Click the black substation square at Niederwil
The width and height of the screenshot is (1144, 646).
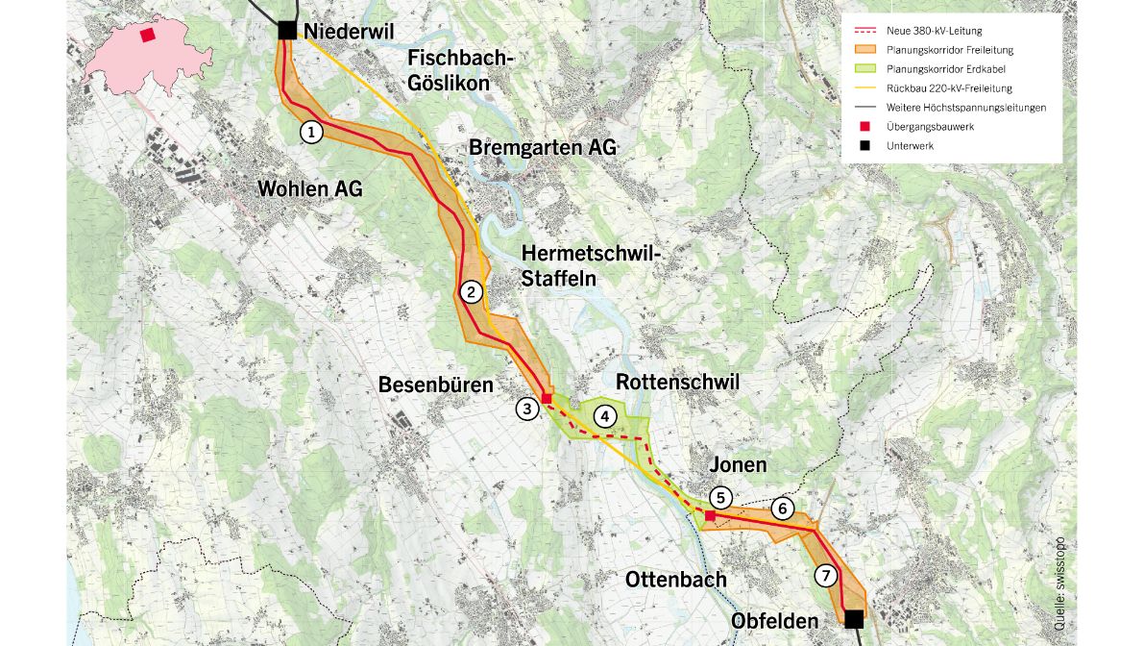click(x=287, y=31)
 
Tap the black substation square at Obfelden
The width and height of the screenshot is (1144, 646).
click(x=854, y=618)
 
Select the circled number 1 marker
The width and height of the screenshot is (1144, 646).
click(x=310, y=132)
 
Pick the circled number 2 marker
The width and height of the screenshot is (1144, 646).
click(x=471, y=292)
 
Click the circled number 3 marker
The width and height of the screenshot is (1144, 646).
click(x=526, y=409)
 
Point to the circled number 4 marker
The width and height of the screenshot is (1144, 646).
click(x=605, y=416)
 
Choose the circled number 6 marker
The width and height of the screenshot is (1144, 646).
click(x=783, y=509)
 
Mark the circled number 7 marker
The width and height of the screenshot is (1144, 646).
click(x=825, y=576)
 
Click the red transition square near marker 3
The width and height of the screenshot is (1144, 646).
click(x=547, y=398)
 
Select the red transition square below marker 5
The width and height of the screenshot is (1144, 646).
click(x=710, y=516)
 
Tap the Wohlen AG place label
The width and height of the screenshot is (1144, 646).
click(x=310, y=189)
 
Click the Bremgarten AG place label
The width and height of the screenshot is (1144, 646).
click(x=543, y=147)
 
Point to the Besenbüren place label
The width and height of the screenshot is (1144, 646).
click(x=435, y=385)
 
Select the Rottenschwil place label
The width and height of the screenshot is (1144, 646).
click(x=677, y=382)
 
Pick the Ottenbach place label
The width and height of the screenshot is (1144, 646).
click(x=676, y=580)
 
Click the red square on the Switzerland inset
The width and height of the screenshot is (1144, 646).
click(x=147, y=35)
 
